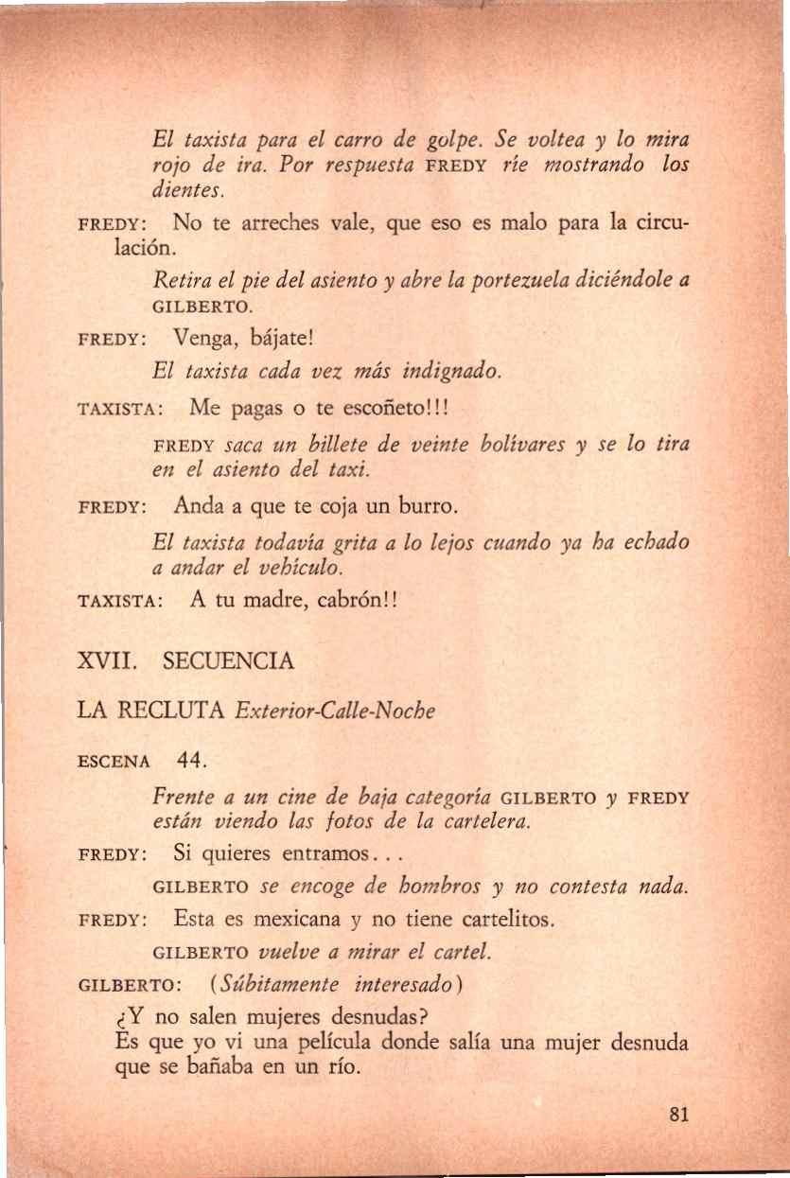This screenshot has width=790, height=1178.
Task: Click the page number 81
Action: click(x=676, y=1114)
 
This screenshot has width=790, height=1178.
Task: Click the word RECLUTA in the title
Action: click(x=177, y=711)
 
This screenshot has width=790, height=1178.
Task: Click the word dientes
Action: click(x=186, y=190)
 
